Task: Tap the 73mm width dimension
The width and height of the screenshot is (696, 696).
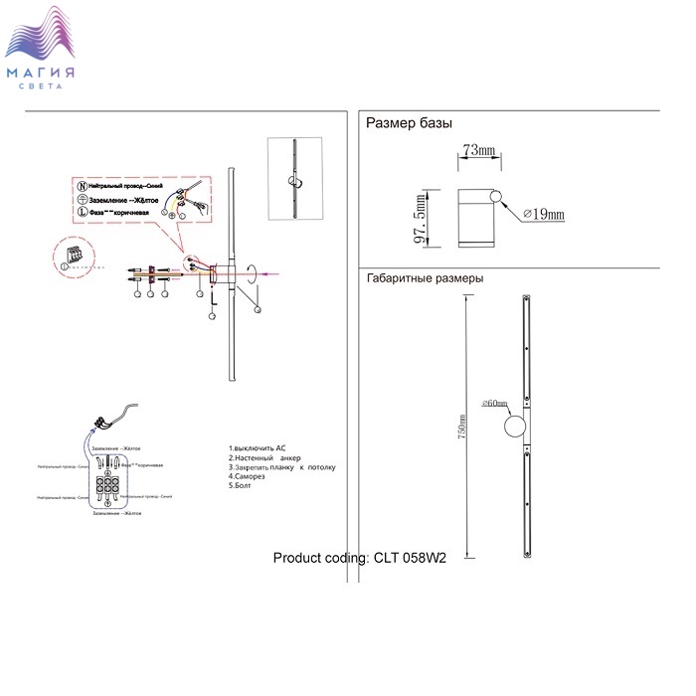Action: pos(478,150)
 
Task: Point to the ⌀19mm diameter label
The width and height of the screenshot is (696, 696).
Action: pos(545,214)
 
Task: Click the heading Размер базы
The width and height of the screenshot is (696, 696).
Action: pos(410,124)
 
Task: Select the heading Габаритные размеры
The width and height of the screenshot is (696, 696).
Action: pos(425,279)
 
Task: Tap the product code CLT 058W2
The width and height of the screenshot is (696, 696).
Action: pos(360,558)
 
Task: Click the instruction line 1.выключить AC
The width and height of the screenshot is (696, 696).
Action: pos(258,449)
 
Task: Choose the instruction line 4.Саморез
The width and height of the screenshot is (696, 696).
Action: pos(250,476)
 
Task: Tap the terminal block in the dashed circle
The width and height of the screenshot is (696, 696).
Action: pos(73,255)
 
